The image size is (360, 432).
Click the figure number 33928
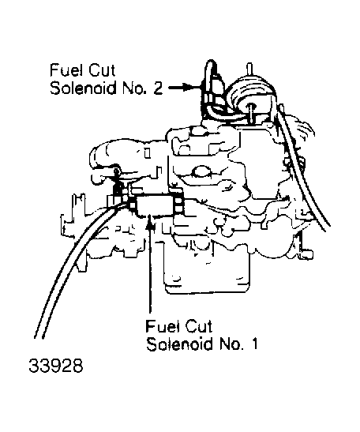56,366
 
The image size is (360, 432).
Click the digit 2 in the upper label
158,88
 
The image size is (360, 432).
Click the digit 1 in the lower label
254,343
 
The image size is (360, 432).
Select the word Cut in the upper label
101,70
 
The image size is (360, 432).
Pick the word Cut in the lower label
199,326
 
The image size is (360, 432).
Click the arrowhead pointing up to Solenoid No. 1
149,220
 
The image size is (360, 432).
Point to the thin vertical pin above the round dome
249,69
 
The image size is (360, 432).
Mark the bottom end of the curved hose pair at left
39,338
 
